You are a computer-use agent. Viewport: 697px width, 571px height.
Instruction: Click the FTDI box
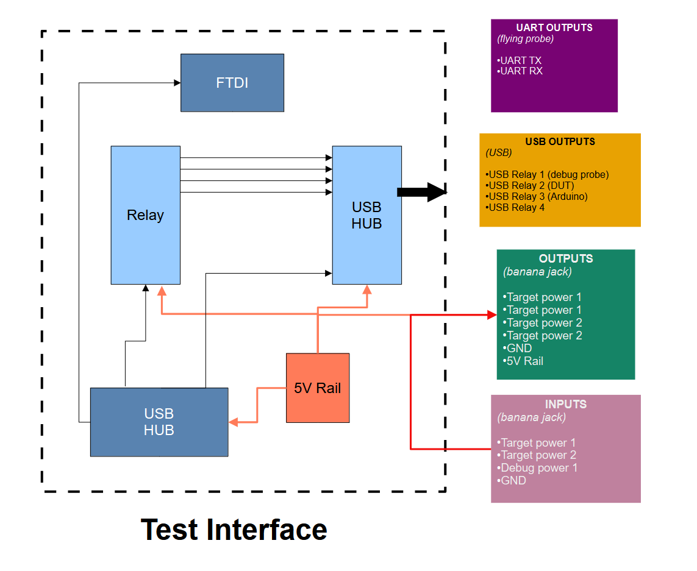pyautogui.click(x=232, y=83)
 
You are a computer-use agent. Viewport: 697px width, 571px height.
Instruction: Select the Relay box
pyautogui.click(x=145, y=215)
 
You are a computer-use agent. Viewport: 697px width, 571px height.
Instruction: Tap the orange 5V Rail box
pyautogui.click(x=318, y=388)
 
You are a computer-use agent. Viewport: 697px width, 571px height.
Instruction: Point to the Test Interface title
pyautogui.click(x=234, y=529)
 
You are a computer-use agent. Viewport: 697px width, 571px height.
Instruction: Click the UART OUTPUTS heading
pyautogui.click(x=554, y=28)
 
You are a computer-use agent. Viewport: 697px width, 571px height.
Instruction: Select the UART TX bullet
pyautogui.click(x=520, y=60)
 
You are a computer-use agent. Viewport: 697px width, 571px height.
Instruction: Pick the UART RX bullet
pyautogui.click(x=521, y=71)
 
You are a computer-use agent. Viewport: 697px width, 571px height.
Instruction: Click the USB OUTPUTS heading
pyautogui.click(x=560, y=141)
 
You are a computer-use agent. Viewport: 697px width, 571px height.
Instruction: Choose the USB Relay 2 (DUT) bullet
pyautogui.click(x=531, y=185)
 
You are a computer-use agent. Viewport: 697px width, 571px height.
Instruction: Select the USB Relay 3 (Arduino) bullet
pyautogui.click(x=537, y=196)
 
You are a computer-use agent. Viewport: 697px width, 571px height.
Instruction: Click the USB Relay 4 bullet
pyautogui.click(x=516, y=207)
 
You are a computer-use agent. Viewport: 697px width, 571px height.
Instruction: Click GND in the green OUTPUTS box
pyautogui.click(x=518, y=348)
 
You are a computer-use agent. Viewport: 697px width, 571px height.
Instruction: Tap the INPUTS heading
pyautogui.click(x=565, y=404)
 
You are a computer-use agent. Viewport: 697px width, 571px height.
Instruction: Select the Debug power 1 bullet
pyautogui.click(x=538, y=467)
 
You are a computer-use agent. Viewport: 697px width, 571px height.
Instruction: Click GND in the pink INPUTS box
pyautogui.click(x=512, y=480)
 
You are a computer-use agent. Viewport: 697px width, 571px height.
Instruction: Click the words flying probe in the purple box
pyautogui.click(x=526, y=39)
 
